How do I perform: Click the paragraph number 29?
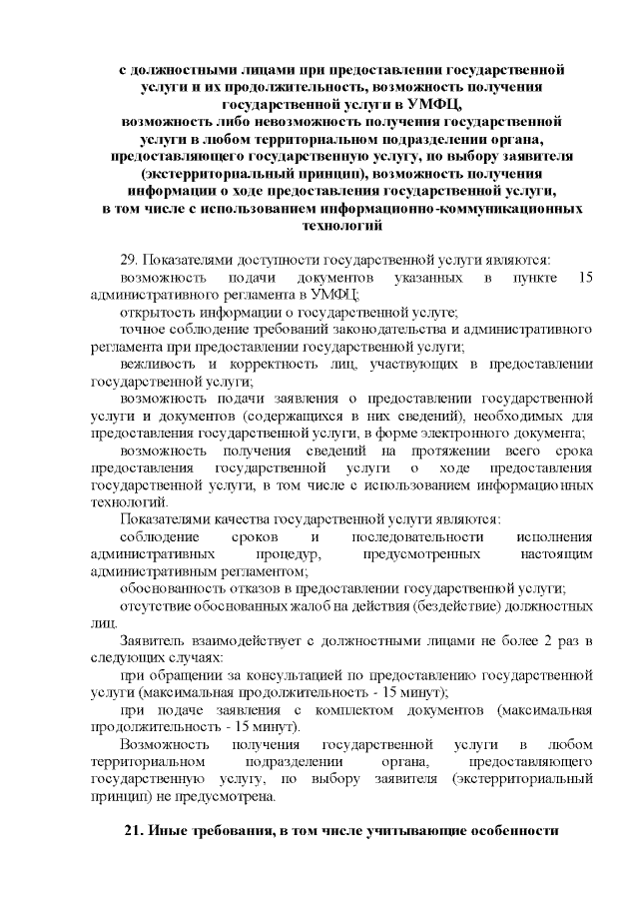(x=127, y=259)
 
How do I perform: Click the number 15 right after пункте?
(x=585, y=276)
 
